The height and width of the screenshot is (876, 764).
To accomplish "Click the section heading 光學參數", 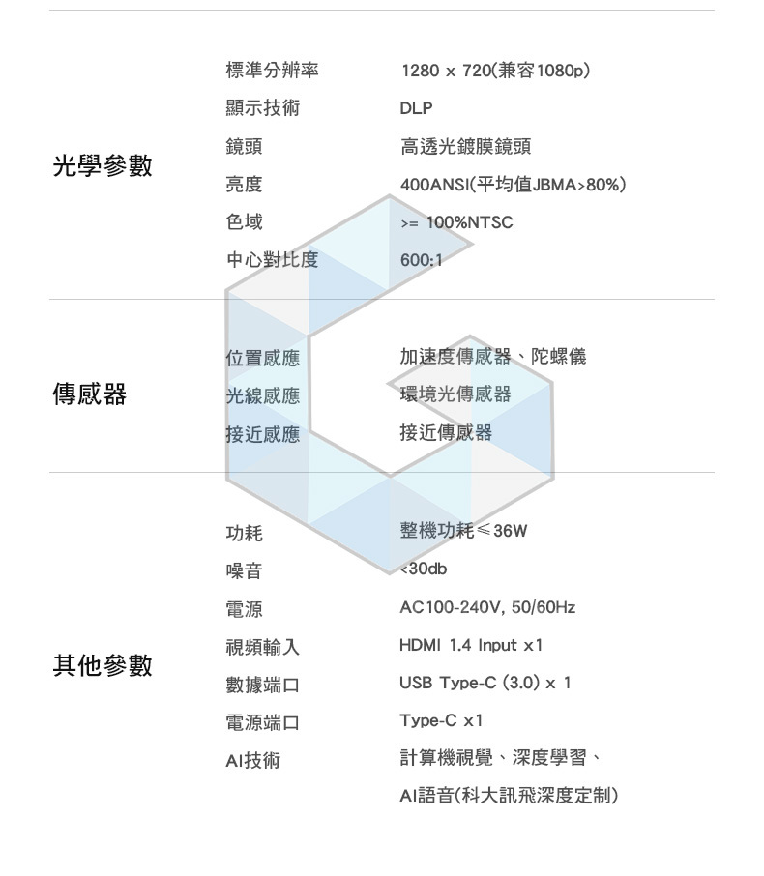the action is pos(103,165).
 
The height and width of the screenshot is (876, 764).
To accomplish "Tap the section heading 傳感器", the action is pos(89,394).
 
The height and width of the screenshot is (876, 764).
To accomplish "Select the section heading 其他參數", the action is pos(103,665).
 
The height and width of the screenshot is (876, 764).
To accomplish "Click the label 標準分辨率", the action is pos(272,71).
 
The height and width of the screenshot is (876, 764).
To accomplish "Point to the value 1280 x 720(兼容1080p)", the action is pos(495,71).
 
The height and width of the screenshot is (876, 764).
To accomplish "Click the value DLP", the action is pos(417,108).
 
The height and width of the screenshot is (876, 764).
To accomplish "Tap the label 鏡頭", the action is pos(244,146).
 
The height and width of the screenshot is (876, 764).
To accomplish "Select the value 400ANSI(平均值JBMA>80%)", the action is pos(513,184).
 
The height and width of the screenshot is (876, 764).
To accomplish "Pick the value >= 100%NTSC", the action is pos(456,222).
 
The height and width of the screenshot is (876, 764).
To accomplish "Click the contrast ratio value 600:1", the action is pos(421,260).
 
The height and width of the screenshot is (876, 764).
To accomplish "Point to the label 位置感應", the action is pos(262,358).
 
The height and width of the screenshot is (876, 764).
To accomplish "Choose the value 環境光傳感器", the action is pos(455,394).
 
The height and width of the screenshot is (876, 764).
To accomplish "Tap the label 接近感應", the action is pos(262,434).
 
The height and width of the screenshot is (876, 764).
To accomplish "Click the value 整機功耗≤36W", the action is pos(464,531).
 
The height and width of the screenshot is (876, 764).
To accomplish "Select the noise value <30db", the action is pos(424,569).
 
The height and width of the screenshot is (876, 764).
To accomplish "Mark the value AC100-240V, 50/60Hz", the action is pos(487,607).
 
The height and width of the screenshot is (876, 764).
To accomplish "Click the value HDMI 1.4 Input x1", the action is pos(471,645).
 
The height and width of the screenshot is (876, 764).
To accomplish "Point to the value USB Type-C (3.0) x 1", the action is pos(485,683).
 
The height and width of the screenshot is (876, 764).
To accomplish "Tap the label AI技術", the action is pos(252,760).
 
